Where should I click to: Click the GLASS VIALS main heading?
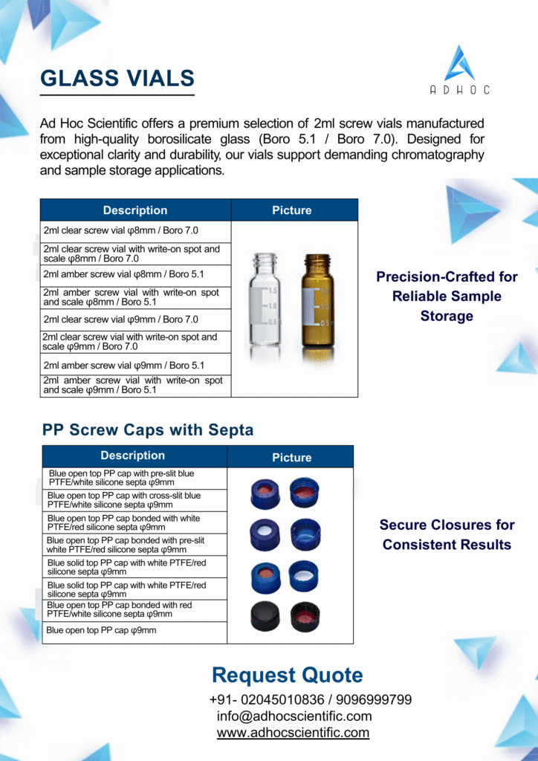point(117,78)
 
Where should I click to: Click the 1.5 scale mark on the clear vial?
point(272,290)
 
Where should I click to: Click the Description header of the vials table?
point(135,210)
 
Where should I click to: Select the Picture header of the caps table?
point(291,458)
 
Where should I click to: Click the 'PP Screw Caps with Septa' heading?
point(148,430)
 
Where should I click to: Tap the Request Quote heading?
point(288,676)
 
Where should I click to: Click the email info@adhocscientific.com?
point(294,716)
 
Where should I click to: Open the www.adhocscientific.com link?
point(293,733)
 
